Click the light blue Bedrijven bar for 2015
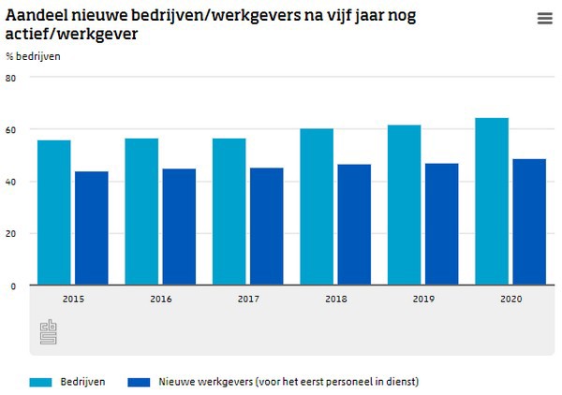53,212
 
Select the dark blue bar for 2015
92,228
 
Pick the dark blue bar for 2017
267,227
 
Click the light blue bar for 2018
317,207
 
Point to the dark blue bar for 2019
441,225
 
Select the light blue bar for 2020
492,201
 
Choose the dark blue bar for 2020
529,222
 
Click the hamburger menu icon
545,19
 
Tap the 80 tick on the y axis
11,78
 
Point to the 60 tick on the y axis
11,129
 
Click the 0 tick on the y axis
13,285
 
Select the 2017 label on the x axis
247,299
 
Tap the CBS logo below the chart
49,332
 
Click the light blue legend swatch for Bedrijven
40,381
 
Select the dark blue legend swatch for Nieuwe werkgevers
139,381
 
